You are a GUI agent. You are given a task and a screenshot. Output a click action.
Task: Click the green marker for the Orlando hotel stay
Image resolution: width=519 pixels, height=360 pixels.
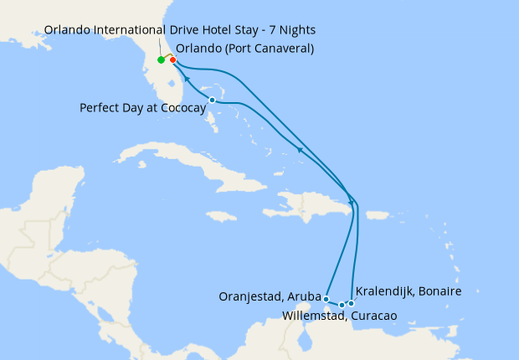(x=161, y=60)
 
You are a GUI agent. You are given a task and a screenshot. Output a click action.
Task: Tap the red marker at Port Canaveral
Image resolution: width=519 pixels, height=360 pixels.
(x=172, y=59)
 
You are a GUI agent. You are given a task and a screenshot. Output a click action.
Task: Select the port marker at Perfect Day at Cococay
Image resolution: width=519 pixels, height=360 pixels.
(x=212, y=100)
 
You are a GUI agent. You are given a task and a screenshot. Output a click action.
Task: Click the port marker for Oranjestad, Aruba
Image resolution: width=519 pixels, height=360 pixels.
(x=326, y=298)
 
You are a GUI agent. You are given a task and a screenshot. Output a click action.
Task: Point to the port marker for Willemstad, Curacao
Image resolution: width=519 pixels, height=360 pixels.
(x=342, y=305)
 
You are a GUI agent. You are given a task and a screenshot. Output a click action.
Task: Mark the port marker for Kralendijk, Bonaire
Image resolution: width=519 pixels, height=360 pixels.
(x=351, y=303)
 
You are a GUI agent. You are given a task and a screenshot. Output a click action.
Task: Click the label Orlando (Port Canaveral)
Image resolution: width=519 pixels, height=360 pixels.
(x=245, y=49)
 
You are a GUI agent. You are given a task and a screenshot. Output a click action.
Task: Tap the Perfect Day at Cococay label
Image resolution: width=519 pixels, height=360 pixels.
(x=142, y=108)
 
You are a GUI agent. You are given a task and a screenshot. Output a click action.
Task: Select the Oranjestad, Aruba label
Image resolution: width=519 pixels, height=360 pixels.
(x=269, y=296)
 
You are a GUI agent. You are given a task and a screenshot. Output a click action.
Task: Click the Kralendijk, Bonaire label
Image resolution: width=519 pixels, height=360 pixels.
(x=409, y=291)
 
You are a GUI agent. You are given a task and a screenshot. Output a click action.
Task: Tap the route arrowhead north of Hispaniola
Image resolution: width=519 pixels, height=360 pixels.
(x=299, y=148)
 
